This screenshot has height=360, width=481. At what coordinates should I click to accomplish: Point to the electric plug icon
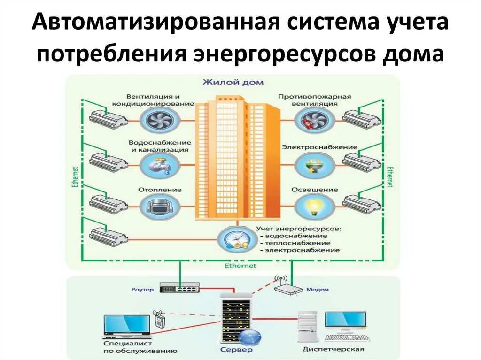(315, 165)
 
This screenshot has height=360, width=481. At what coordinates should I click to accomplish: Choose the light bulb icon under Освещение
(315, 207)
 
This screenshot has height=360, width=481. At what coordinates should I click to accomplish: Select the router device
(179, 287)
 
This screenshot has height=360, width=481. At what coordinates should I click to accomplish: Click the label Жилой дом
(233, 83)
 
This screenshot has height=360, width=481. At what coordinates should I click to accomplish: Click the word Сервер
(236, 350)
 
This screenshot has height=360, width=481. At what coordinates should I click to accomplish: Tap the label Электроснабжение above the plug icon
(319, 147)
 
